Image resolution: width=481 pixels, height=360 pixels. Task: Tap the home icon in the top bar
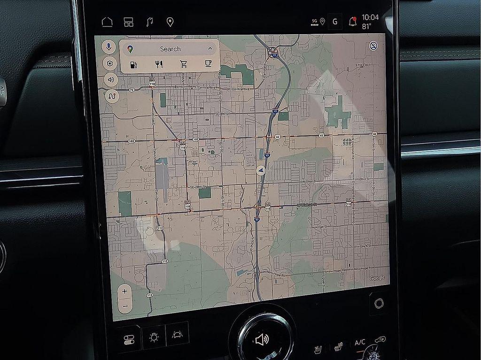[107, 22]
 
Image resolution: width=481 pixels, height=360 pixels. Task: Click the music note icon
[149, 22]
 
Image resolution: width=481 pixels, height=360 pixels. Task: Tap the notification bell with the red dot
[352, 22]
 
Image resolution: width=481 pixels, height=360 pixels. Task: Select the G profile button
[335, 22]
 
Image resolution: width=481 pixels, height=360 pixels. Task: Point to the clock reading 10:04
[370, 17]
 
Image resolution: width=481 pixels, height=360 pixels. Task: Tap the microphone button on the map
[109, 47]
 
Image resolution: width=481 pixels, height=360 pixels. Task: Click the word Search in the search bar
[170, 49]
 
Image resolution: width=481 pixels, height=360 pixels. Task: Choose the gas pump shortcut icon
[133, 64]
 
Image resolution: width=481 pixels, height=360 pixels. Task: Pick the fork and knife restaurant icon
[159, 64]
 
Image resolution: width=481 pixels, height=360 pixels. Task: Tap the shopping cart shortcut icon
[183, 64]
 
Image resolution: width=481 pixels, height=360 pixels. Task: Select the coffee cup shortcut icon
[208, 64]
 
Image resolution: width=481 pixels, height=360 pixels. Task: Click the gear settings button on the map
[109, 63]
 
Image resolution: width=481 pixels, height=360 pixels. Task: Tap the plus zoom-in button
[124, 291]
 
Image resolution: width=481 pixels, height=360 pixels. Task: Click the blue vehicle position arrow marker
[261, 171]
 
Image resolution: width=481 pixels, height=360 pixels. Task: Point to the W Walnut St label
[307, 205]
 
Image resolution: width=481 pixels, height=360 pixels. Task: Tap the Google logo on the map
[377, 278]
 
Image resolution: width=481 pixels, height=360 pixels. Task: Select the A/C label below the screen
[360, 343]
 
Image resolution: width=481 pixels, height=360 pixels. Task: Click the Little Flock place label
[363, 64]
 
